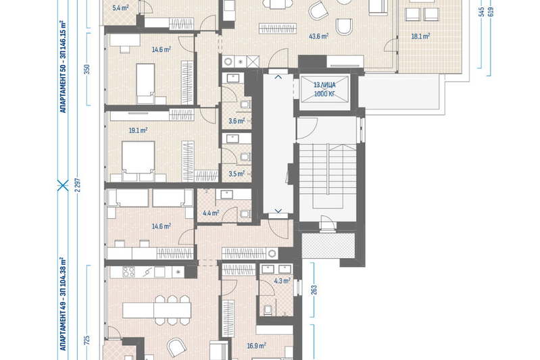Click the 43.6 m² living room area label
pos(318,36)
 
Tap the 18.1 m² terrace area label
pos(420,36)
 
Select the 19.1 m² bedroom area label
pos(138,130)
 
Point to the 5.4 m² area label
pos(120,7)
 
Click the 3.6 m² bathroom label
pos(237,121)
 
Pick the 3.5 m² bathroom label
pos(237,174)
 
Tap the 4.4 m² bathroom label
pos(211,213)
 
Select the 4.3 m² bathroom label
pos(282,281)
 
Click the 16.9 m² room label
pos(256,346)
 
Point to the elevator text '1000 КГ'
pos(324,93)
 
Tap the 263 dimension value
pos(314,290)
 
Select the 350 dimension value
pos(87,69)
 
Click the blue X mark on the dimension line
pos(63,186)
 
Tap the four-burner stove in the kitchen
pos(129,272)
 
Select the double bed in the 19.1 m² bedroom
pos(138,161)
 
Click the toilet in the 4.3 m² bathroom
pos(268,309)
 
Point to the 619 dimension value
pos(491,11)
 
